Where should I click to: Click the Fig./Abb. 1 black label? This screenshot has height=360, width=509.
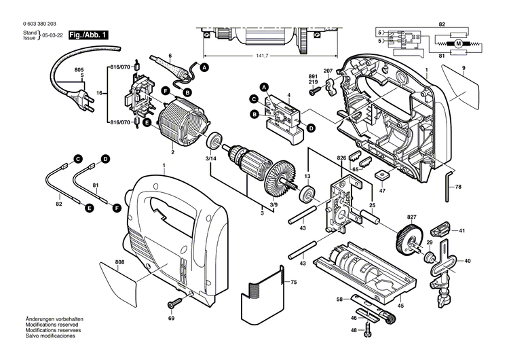[x=88, y=34]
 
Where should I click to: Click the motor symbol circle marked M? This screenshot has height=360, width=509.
[x=457, y=43]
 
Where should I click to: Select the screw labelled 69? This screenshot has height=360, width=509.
[x=175, y=301]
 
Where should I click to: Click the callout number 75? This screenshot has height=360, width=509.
[x=293, y=282]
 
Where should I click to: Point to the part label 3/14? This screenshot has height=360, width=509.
[x=212, y=158]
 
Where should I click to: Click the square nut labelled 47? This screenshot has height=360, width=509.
[x=383, y=174]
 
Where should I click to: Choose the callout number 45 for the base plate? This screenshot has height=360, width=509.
[x=400, y=306]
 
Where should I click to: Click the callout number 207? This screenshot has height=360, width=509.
[x=328, y=71]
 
